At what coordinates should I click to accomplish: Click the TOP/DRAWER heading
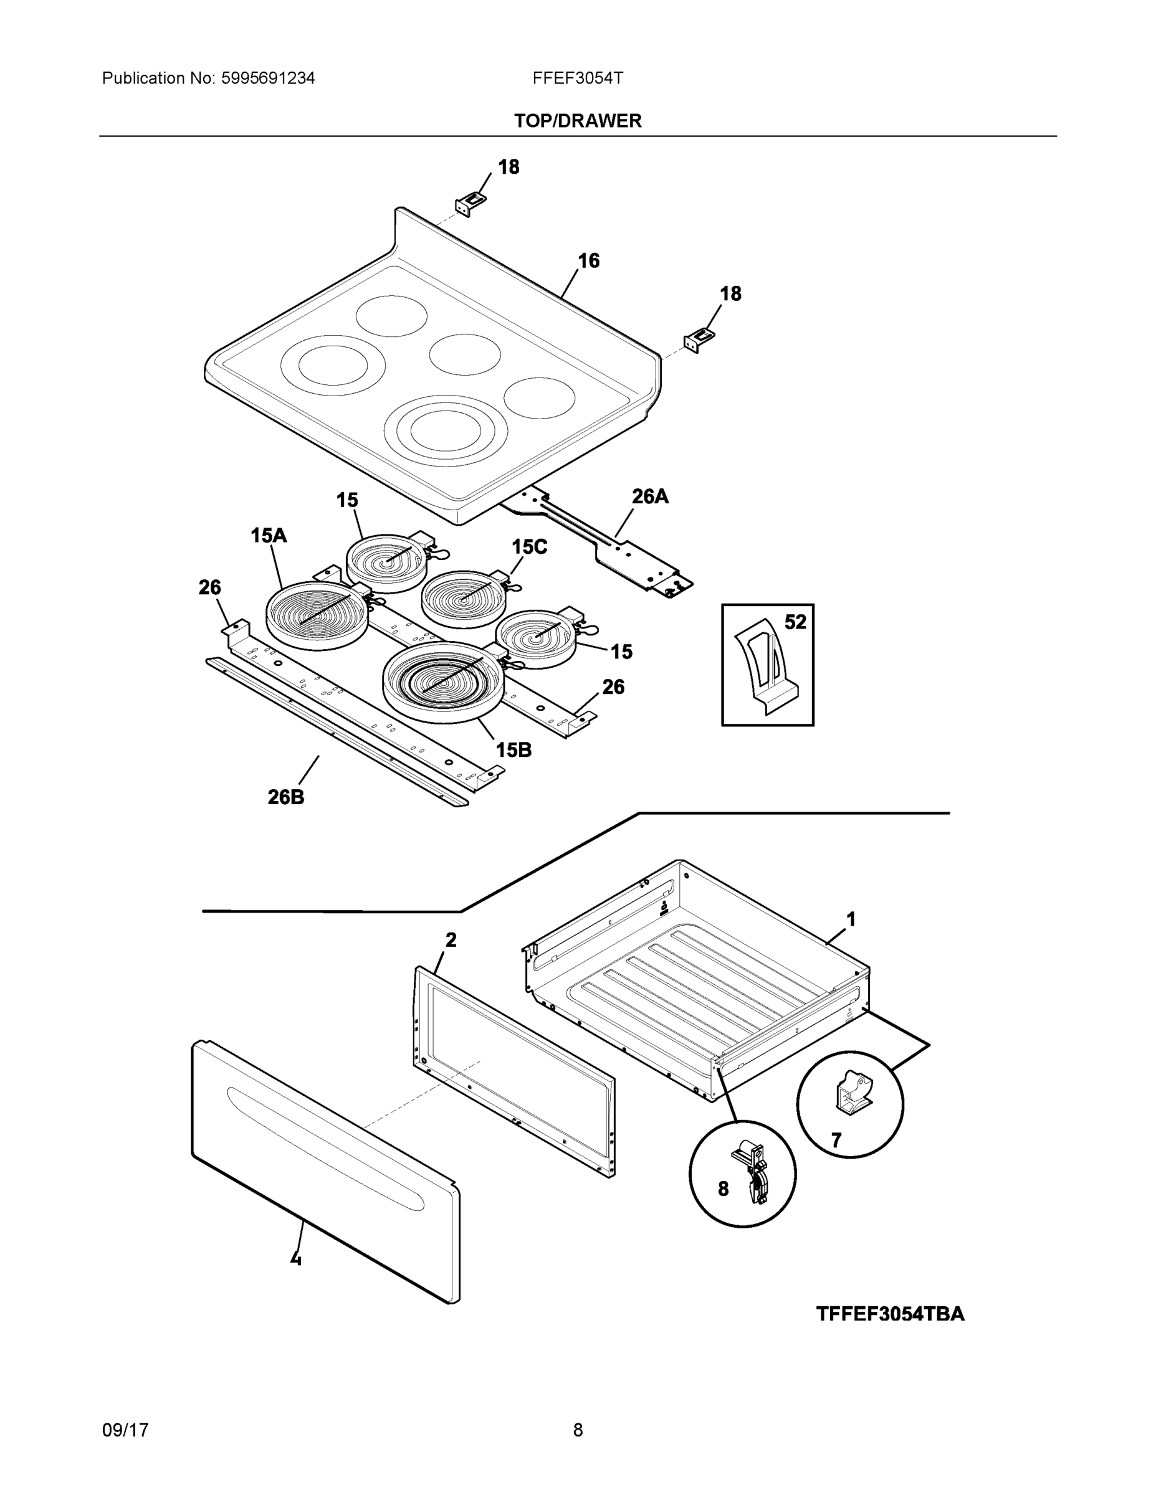click(577, 121)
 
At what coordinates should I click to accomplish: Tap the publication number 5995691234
click(268, 78)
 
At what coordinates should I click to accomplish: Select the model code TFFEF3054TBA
click(890, 1314)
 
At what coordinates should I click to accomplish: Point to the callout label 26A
click(649, 496)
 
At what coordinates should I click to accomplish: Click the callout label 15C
click(529, 546)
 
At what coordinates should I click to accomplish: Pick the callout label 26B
click(286, 797)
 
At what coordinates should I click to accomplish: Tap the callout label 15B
click(514, 749)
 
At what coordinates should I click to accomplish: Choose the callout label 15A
click(269, 535)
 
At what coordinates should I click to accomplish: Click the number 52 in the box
click(795, 622)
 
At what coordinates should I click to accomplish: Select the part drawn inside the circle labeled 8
click(752, 1172)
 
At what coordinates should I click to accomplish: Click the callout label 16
click(588, 261)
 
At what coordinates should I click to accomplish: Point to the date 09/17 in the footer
click(125, 1430)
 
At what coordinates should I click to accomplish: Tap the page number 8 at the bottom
click(577, 1430)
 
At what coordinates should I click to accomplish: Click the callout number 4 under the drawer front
click(296, 1258)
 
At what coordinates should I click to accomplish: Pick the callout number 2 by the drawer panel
click(451, 941)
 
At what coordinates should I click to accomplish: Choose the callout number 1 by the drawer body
click(851, 919)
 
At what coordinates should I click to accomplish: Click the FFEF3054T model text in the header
click(577, 78)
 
